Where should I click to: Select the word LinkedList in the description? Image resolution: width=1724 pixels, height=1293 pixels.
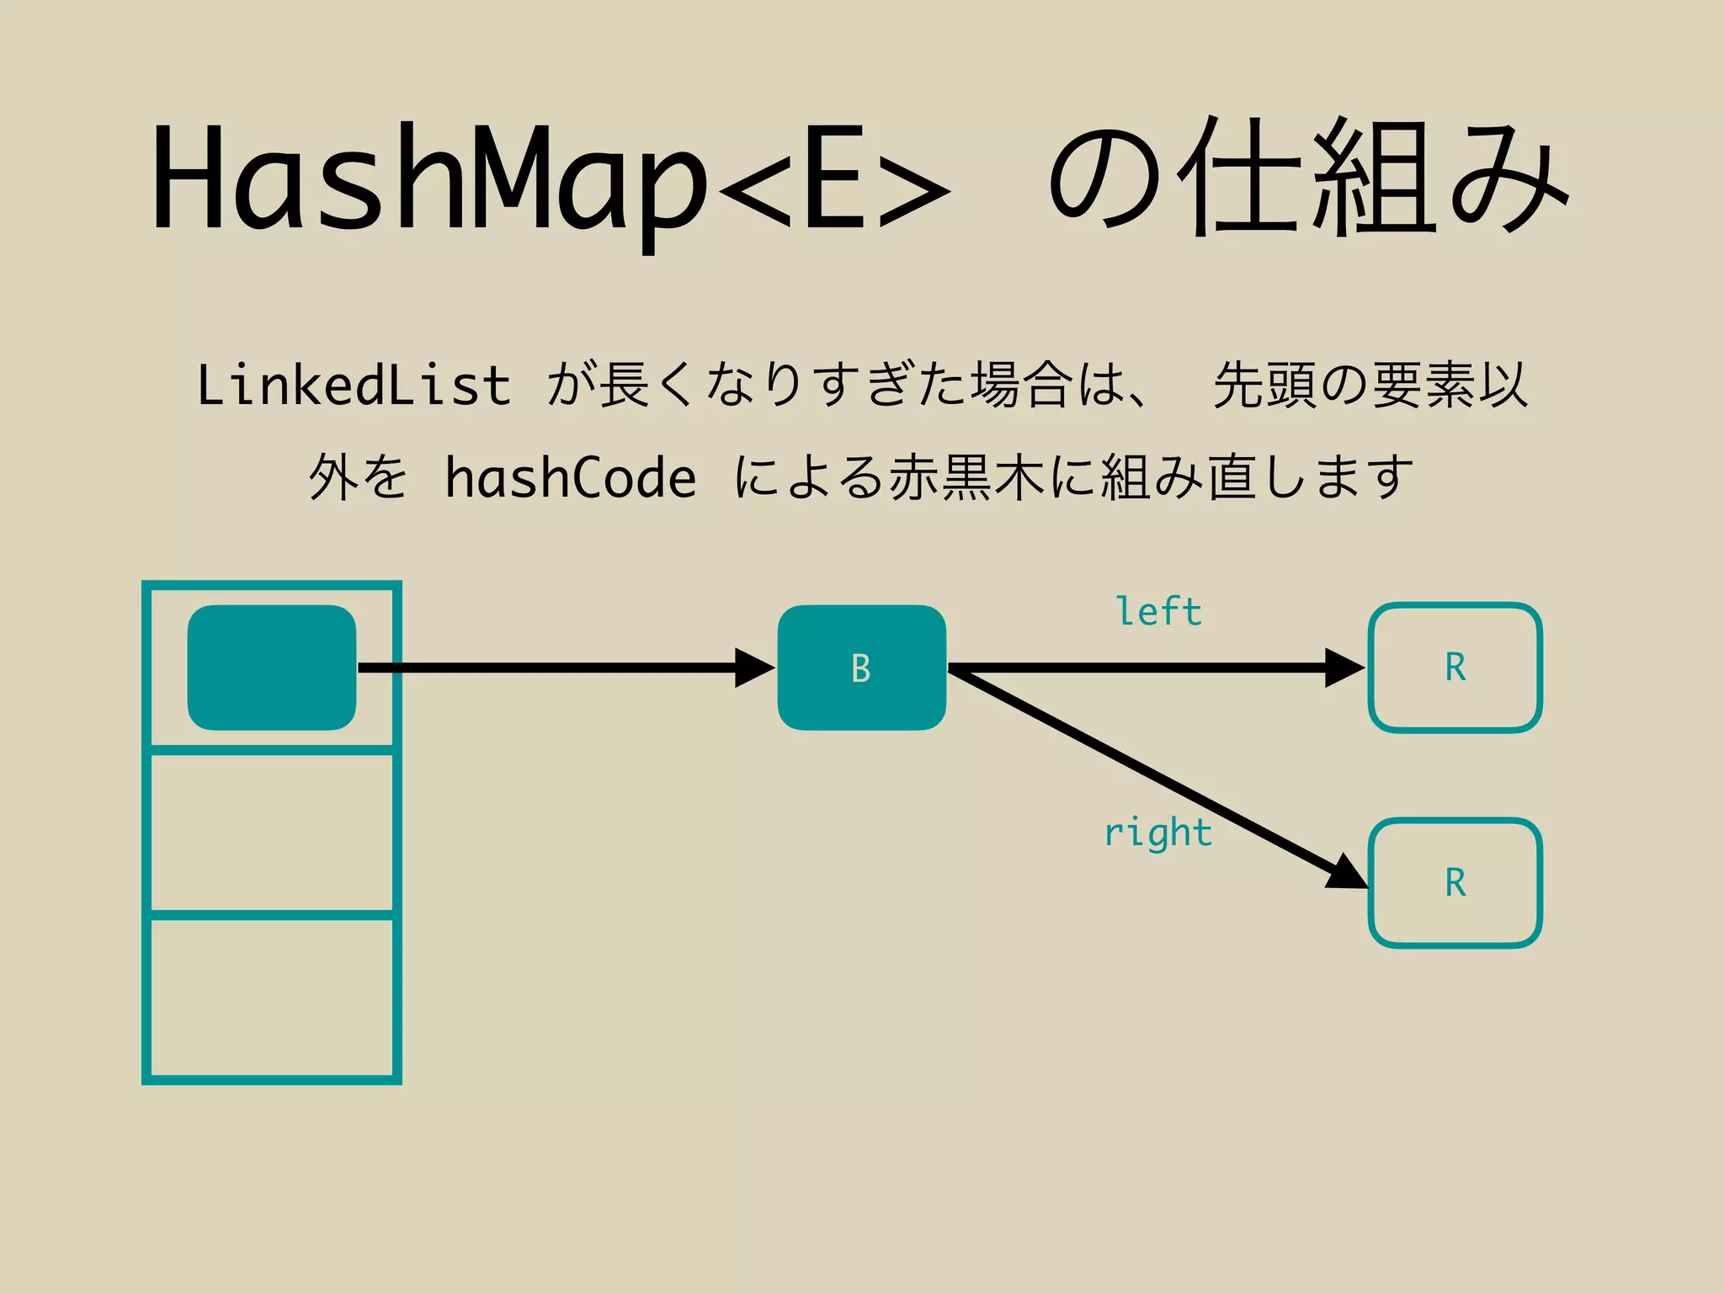pyautogui.click(x=354, y=386)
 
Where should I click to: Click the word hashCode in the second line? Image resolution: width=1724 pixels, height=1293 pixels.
pyautogui.click(x=571, y=478)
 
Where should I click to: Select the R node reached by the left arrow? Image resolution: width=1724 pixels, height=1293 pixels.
pyautogui.click(x=1455, y=668)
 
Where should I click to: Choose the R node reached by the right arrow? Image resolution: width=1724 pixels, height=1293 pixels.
pyautogui.click(x=1455, y=883)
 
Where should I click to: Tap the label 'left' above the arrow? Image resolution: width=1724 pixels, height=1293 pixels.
pyautogui.click(x=1159, y=612)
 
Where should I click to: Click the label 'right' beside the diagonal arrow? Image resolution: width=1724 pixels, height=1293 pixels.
pyautogui.click(x=1158, y=833)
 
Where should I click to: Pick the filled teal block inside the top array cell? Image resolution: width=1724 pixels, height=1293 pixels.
pyautogui.click(x=271, y=668)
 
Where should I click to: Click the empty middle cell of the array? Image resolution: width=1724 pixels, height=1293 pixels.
pyautogui.click(x=271, y=832)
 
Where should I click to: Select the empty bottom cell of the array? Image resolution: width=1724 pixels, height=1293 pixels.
pyautogui.click(x=271, y=998)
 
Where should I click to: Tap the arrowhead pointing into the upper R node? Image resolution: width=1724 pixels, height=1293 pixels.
pyautogui.click(x=1344, y=668)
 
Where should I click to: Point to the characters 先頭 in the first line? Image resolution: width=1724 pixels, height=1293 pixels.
pyautogui.click(x=1263, y=386)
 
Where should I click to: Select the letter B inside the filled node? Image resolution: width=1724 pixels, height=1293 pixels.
pyautogui.click(x=860, y=668)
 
